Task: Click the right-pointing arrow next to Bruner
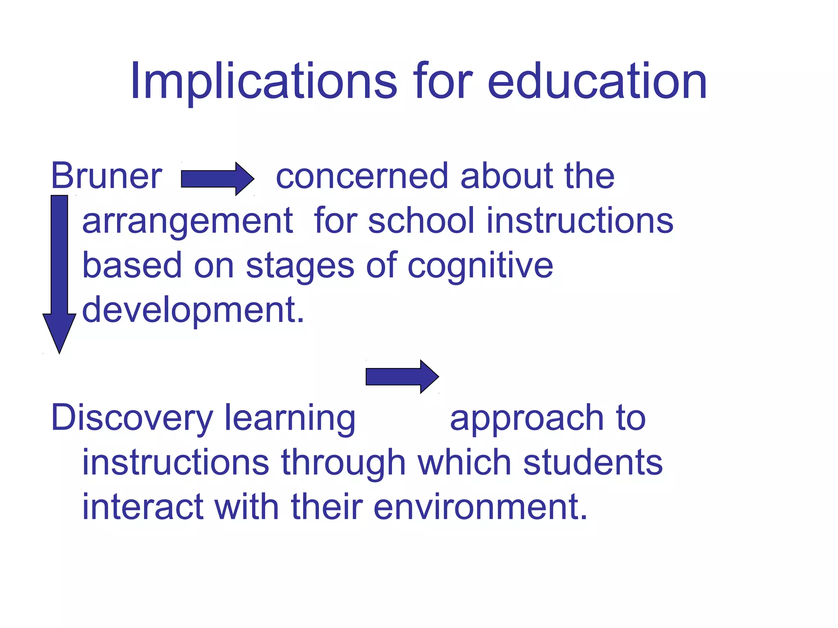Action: tap(217, 179)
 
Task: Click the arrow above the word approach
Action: tap(402, 377)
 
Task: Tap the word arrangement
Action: tap(187, 221)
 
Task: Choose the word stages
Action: tap(300, 266)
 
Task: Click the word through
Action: tap(343, 462)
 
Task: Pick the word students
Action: tap(593, 462)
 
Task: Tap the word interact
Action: tap(143, 507)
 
